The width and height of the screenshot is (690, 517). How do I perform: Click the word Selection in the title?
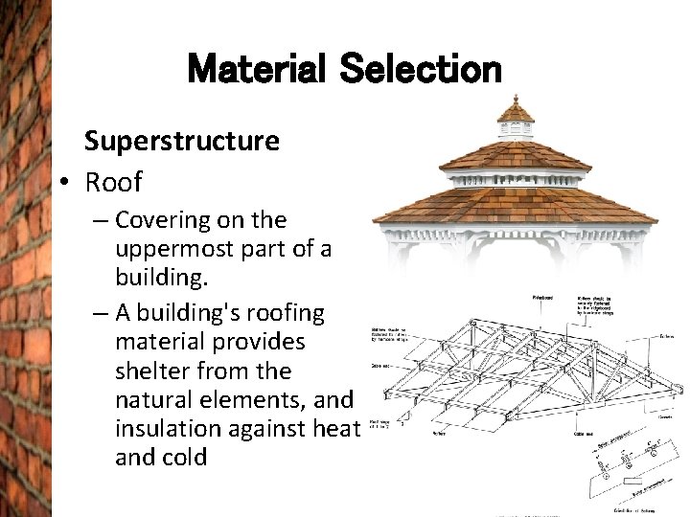pyautogui.click(x=421, y=69)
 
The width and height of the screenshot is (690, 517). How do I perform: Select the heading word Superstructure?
pyautogui.click(x=182, y=142)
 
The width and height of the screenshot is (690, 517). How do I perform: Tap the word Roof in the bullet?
pyautogui.click(x=113, y=181)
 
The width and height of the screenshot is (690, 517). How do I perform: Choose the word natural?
pyautogui.click(x=153, y=399)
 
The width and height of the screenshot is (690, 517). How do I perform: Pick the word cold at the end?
pyautogui.click(x=184, y=458)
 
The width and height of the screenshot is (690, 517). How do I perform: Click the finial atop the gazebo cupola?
pyautogui.click(x=516, y=99)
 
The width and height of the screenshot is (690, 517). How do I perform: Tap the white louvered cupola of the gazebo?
pyautogui.click(x=516, y=130)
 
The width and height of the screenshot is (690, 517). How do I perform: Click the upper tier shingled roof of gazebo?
pyautogui.click(x=515, y=154)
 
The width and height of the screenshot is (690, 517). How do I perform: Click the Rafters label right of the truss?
pyautogui.click(x=666, y=336)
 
